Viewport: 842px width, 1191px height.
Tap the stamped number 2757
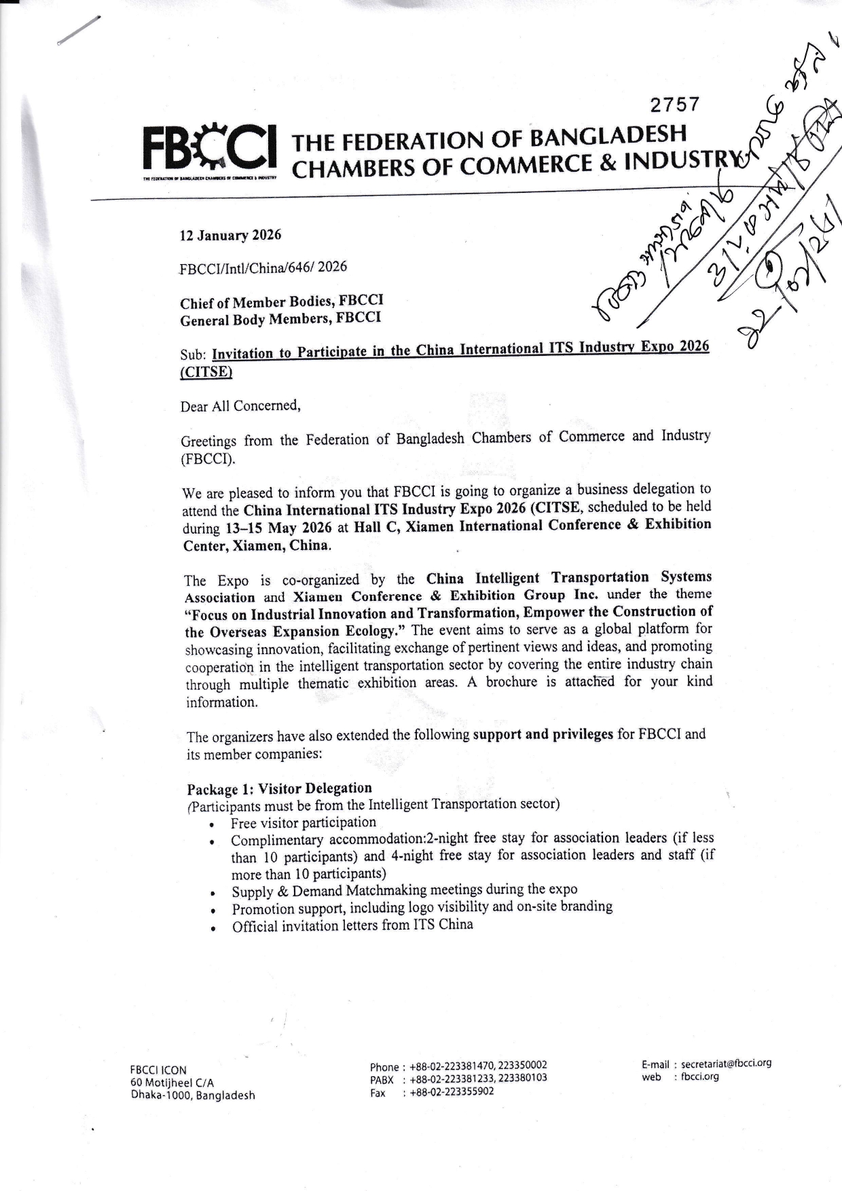[674, 105]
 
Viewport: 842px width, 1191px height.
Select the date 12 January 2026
[230, 235]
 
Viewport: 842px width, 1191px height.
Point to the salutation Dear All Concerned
[240, 406]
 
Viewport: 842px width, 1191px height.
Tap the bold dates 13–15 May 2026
[278, 528]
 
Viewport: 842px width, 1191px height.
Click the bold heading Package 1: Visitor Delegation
[279, 788]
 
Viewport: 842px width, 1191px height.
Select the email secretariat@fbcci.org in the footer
[726, 1064]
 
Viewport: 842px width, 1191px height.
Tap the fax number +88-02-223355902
[452, 1092]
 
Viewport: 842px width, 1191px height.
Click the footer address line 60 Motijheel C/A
[172, 1083]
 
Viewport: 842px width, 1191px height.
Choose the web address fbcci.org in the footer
[699, 1077]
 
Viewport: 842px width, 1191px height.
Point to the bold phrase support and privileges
[543, 735]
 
